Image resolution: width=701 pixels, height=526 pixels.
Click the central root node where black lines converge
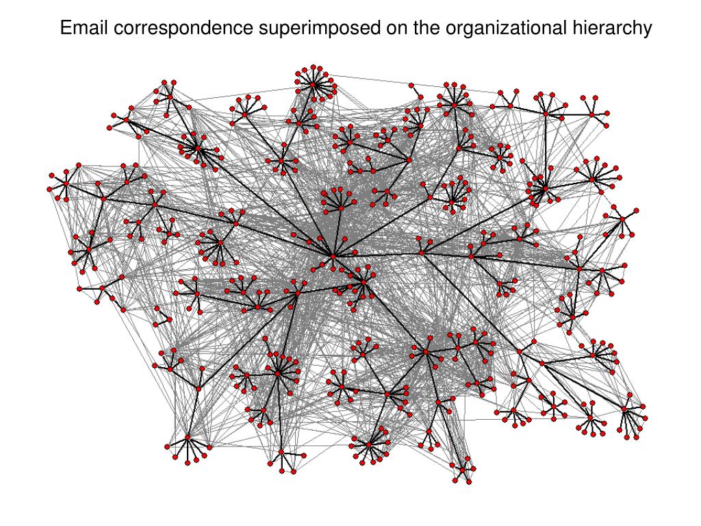(x=333, y=256)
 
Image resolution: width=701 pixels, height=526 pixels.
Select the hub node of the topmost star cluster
(x=313, y=84)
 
